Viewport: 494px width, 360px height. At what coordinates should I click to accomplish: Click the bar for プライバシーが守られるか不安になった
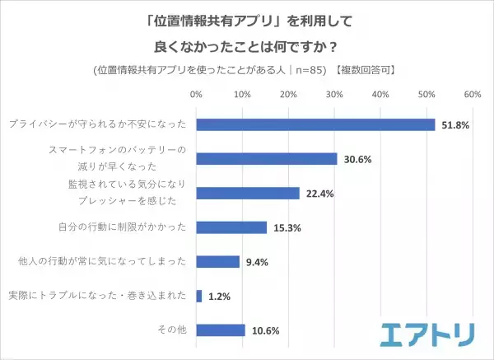[x=315, y=124]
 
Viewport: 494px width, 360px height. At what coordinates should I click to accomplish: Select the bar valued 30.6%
[x=267, y=159]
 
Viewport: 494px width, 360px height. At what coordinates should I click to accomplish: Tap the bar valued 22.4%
[x=248, y=193]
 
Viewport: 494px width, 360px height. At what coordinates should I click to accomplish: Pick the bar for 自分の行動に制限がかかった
[x=231, y=227]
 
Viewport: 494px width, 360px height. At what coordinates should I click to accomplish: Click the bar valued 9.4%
[x=218, y=261]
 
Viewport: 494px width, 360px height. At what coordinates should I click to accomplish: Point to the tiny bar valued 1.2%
[x=198, y=296]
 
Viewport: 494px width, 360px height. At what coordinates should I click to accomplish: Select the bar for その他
[x=221, y=330]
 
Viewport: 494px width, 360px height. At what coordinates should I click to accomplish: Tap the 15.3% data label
[x=287, y=227]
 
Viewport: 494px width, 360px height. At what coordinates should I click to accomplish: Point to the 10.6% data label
[x=265, y=330]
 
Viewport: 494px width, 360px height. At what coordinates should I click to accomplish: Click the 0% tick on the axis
[x=196, y=96]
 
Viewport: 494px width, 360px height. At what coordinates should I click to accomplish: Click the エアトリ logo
[x=426, y=334]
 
